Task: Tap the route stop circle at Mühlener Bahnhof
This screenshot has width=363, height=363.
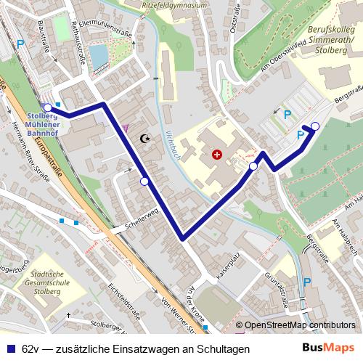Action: [49, 108]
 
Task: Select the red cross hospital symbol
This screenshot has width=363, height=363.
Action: [216, 154]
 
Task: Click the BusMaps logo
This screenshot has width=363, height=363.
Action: [330, 348]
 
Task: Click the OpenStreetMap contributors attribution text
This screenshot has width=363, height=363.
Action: [299, 325]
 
